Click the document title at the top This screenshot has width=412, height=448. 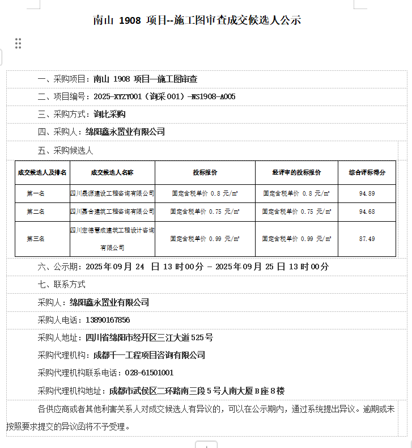197,20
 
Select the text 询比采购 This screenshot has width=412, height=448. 105,115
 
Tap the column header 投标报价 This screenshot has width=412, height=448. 205,172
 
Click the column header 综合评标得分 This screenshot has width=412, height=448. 367,172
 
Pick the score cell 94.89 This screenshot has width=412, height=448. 367,193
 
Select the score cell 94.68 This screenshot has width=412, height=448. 367,212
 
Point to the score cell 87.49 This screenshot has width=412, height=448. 367,239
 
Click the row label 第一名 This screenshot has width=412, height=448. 35,193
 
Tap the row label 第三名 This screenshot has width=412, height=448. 35,239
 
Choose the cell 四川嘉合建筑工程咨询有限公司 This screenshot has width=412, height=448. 112,212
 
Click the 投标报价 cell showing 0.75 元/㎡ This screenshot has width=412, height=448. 205,212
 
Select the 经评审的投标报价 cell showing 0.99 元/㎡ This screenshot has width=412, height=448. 296,239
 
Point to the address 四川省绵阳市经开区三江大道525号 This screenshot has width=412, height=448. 149,338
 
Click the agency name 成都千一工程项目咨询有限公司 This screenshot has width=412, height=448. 148,356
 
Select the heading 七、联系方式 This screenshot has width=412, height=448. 61,284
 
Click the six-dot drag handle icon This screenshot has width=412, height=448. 18,43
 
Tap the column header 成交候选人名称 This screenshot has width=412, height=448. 112,172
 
